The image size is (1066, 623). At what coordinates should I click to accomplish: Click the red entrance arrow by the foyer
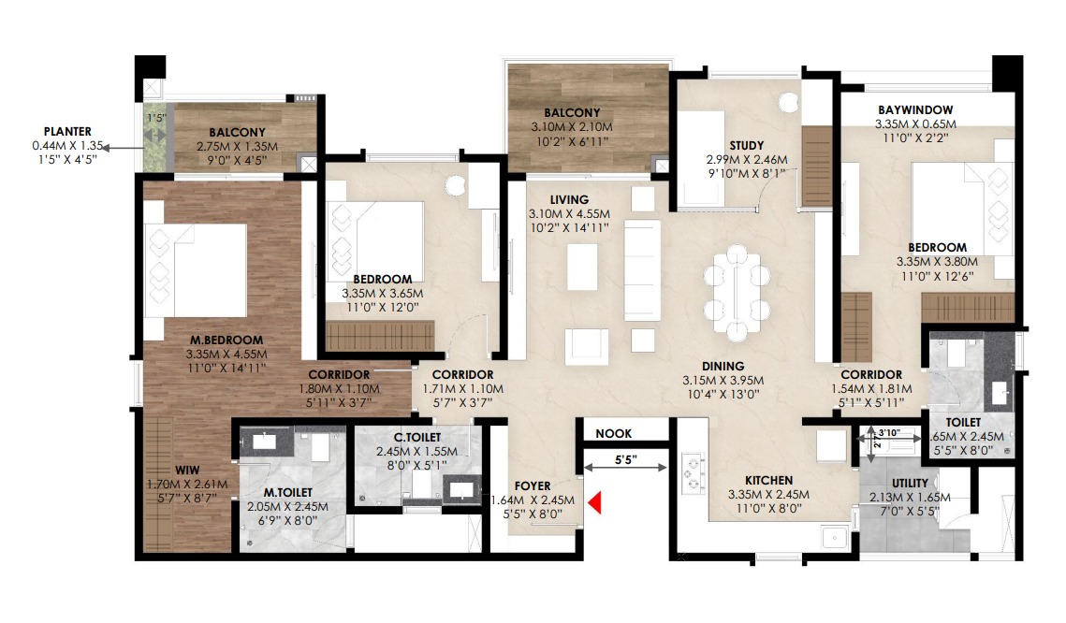click(x=594, y=502)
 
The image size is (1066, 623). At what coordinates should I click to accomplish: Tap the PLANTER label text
click(x=67, y=131)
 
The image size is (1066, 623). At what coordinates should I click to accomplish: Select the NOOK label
click(x=613, y=433)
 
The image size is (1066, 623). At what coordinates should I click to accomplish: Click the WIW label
click(x=187, y=471)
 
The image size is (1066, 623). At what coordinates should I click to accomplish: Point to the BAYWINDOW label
click(x=915, y=109)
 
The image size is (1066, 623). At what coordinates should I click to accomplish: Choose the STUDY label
click(x=747, y=145)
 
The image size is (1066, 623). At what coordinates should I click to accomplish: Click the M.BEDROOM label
click(x=226, y=340)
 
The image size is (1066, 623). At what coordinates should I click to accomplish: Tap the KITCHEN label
click(x=769, y=480)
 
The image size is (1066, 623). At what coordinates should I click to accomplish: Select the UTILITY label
click(x=910, y=483)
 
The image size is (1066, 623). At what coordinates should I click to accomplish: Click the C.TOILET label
click(x=417, y=438)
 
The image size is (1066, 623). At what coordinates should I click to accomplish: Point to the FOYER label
click(x=533, y=485)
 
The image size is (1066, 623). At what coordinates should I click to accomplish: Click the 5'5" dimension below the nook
click(x=625, y=460)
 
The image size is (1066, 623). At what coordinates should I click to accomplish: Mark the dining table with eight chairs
click(x=737, y=293)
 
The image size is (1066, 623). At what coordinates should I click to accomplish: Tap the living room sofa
click(x=642, y=270)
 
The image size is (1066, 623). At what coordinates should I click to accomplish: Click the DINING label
click(x=723, y=366)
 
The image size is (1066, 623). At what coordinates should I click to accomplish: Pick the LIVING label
click(x=569, y=200)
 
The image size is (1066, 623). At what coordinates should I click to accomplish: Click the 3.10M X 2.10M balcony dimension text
click(x=572, y=127)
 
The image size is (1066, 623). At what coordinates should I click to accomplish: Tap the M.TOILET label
click(x=288, y=493)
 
